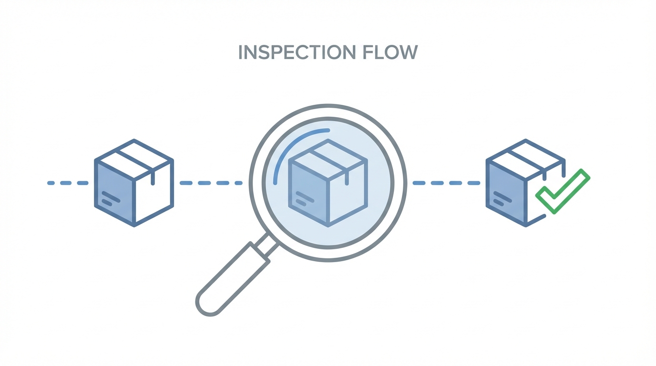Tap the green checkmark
coord(563,191)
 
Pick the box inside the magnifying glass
coord(328,183)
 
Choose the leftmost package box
coord(134,183)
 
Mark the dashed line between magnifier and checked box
coord(446,183)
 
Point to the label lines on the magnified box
coord(304,198)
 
